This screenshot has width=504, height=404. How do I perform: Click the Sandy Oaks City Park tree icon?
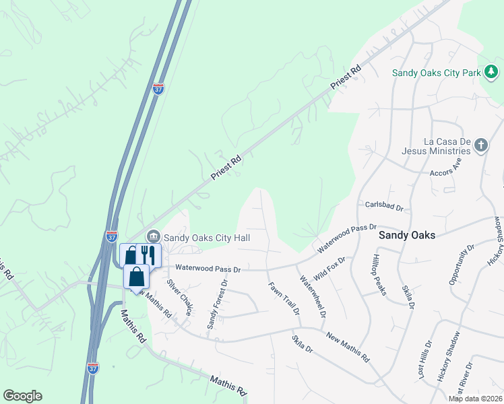pos(492,71)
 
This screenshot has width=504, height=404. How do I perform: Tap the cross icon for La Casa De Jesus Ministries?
pos(480,145)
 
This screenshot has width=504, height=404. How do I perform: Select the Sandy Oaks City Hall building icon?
pos(153,237)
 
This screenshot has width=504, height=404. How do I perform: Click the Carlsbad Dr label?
pos(383,205)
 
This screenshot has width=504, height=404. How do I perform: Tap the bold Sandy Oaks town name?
pos(406,235)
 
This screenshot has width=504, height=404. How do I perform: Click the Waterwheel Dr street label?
pos(313,296)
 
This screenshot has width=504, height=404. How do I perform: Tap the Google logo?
pos(22,396)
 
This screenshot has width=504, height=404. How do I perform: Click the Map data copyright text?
pos(475,399)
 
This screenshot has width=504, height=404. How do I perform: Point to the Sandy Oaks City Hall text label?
pos(207,238)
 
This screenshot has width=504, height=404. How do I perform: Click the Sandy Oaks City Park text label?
pos(437,71)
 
